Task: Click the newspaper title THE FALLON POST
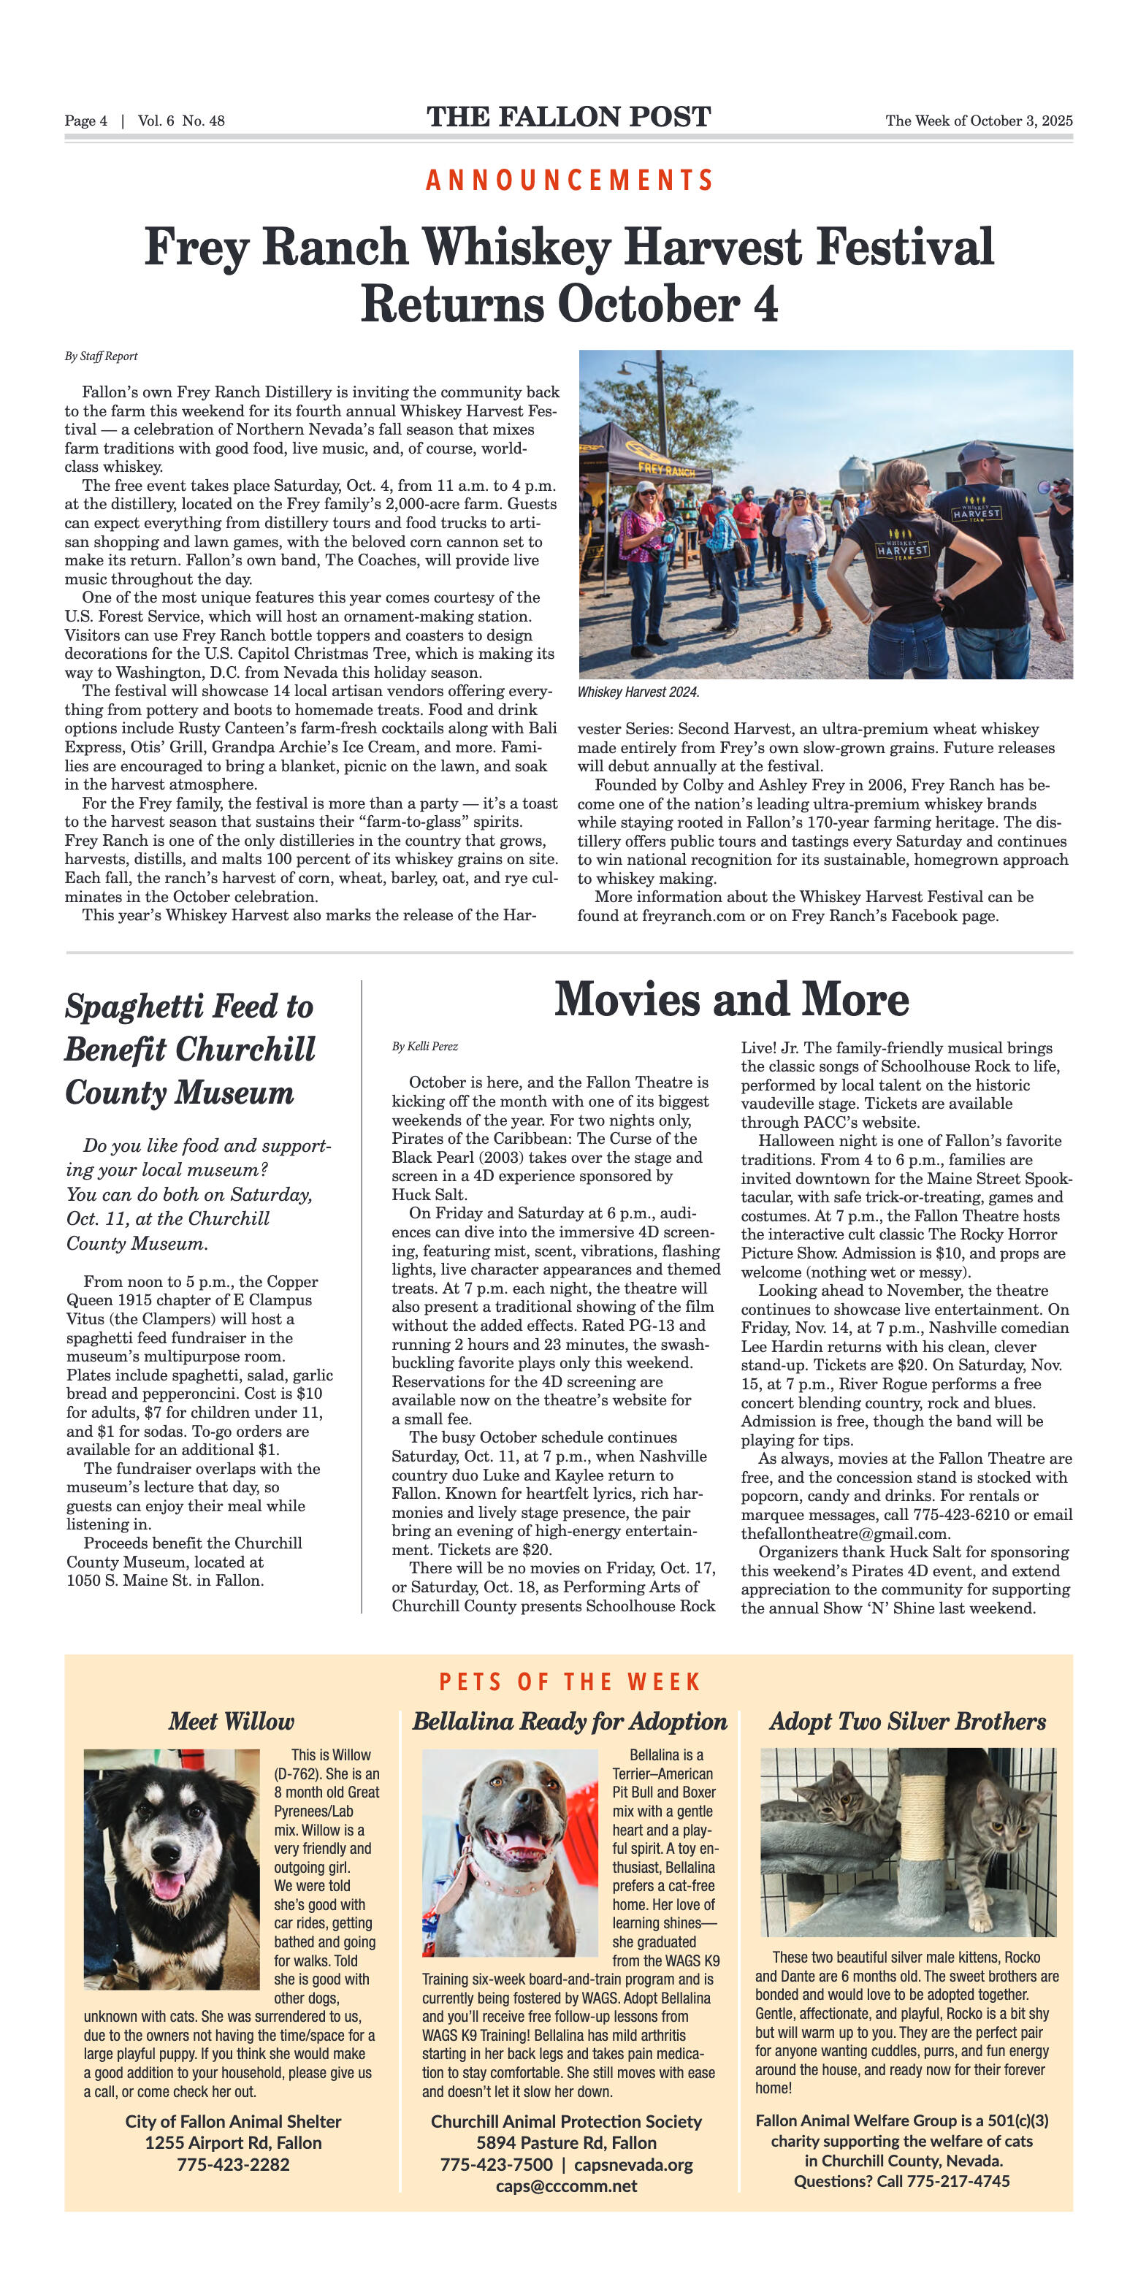coord(568,117)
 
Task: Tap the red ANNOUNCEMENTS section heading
coord(569,180)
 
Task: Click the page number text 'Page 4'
coord(85,121)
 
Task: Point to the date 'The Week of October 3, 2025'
coord(979,121)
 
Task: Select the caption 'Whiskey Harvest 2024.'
coord(638,692)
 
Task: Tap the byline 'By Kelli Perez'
coord(425,1047)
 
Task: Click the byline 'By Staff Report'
coord(101,356)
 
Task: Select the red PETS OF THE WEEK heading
coord(569,1681)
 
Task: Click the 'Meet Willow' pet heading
coord(232,1721)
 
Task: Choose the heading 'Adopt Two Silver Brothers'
coord(907,1721)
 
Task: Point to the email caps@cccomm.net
coord(566,2186)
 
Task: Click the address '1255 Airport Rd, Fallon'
coord(233,2142)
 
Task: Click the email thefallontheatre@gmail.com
coord(844,1533)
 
